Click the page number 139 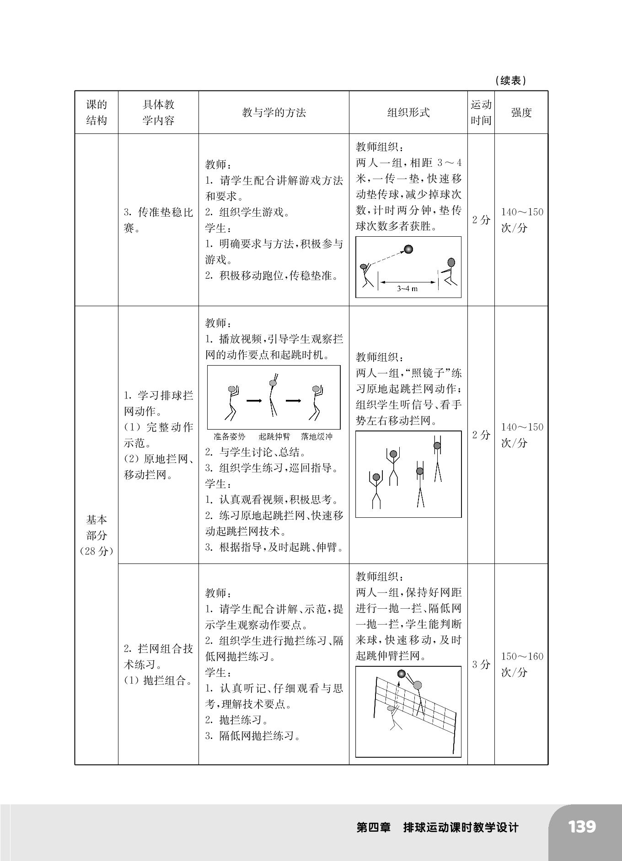pos(582,826)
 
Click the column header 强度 pos(521,112)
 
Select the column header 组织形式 pos(408,112)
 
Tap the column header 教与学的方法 pos(273,112)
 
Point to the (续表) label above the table pos(510,81)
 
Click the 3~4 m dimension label pos(407,288)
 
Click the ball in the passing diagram pos(408,249)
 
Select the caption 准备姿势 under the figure pos(229,436)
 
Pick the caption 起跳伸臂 pos(274,436)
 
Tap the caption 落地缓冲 pos(316,436)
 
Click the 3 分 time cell pos(481,664)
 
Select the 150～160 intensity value pos(522,657)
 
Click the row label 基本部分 pos(97,527)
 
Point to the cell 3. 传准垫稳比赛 pos(158,220)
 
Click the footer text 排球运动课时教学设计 pos(461,828)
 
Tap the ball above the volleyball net pos(402,674)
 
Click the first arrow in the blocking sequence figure pos(254,401)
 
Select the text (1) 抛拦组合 pos(158,680)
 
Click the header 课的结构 pos(97,112)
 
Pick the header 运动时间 pos(481,112)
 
